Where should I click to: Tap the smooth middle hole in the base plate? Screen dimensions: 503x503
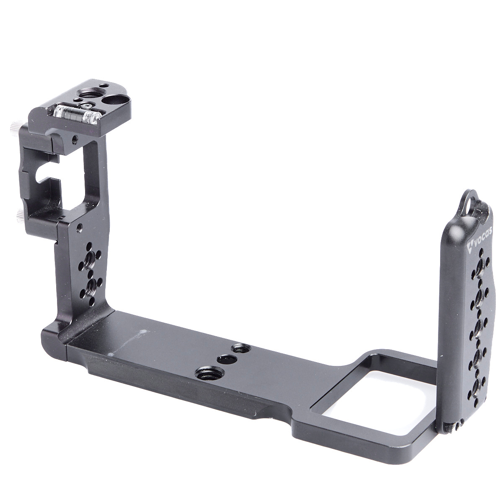tap(227, 359)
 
